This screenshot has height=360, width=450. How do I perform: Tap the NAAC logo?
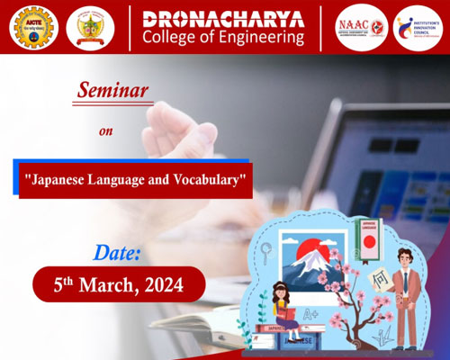click(x=362, y=27)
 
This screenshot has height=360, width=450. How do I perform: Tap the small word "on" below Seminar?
click(x=106, y=130)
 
